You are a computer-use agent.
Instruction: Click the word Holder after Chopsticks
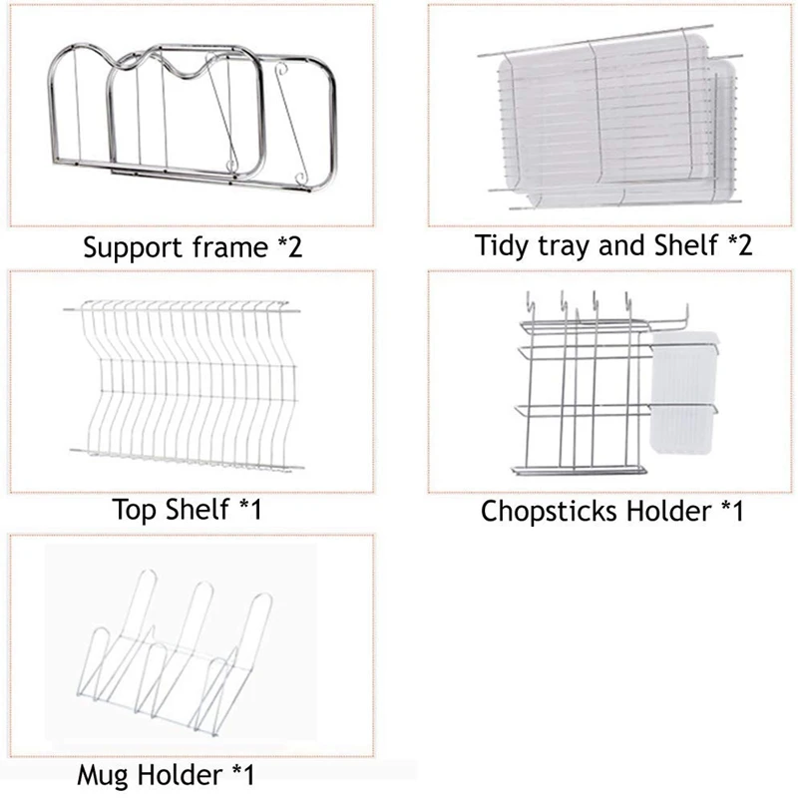pyautogui.click(x=666, y=512)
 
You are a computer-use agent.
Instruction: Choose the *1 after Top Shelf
pyautogui.click(x=249, y=510)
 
